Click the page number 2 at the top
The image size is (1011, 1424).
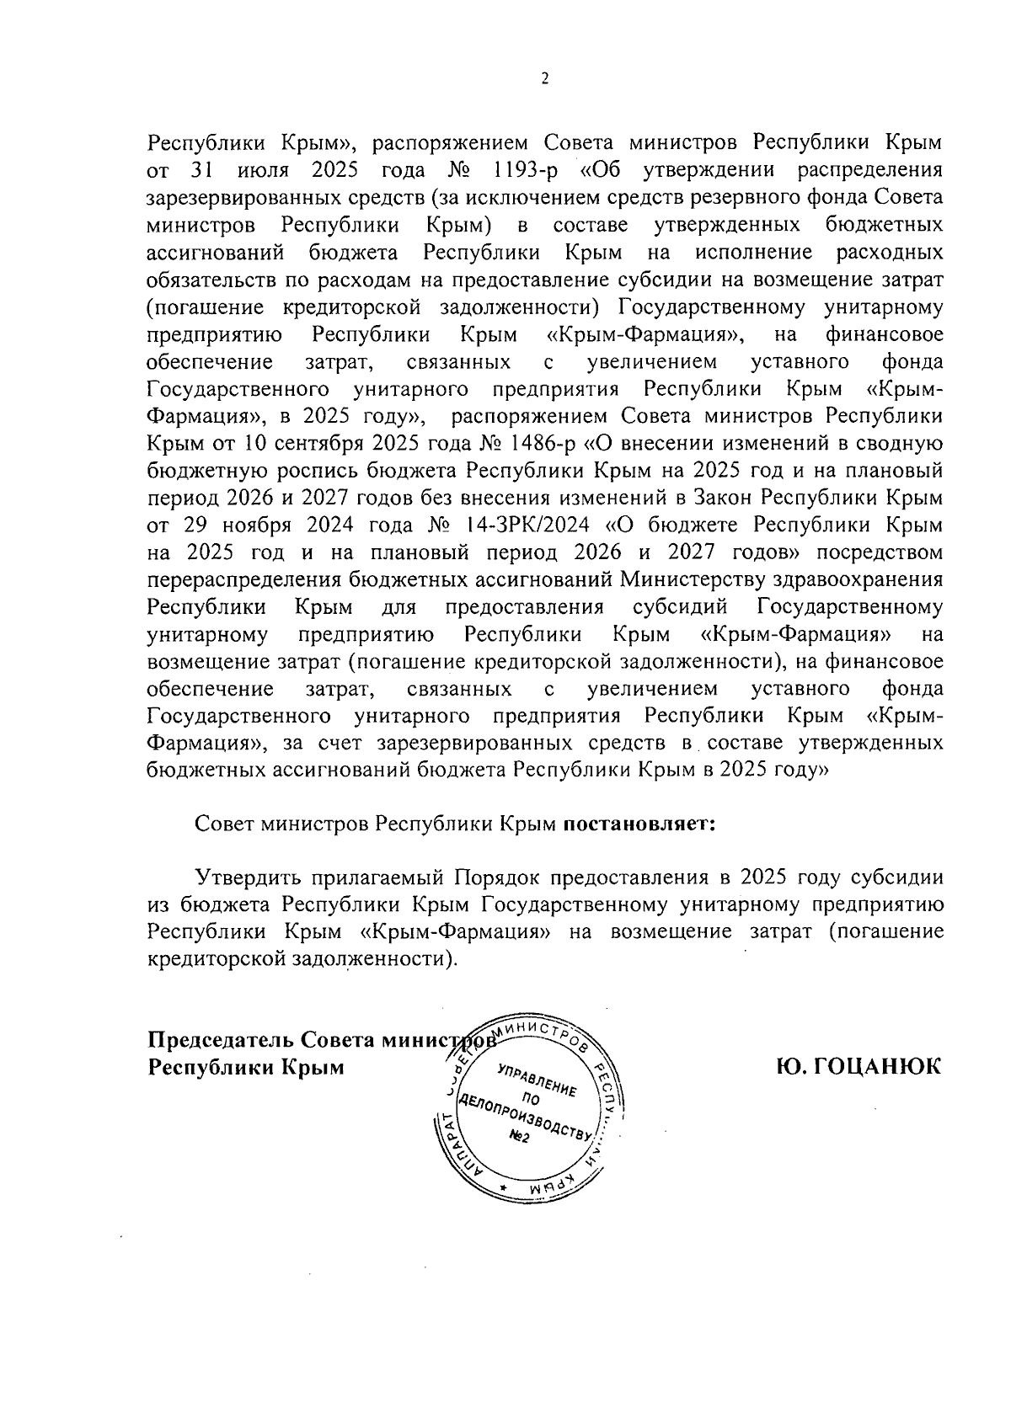(x=544, y=79)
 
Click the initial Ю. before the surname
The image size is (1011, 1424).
(x=794, y=1067)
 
